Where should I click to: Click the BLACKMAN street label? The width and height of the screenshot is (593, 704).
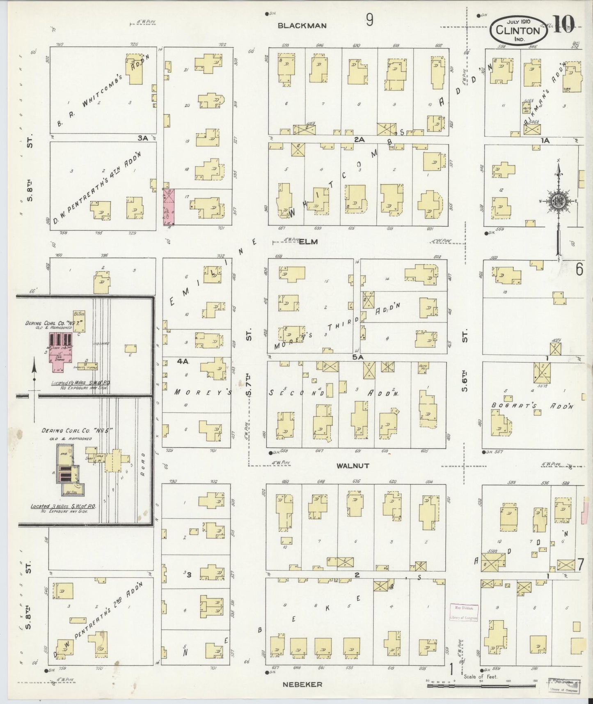click(x=302, y=25)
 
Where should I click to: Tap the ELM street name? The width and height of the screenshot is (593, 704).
click(x=308, y=242)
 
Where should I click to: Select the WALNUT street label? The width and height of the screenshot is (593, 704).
click(x=353, y=466)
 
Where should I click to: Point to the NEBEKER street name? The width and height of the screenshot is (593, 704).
click(x=302, y=684)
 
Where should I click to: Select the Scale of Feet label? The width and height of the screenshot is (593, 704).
click(x=480, y=676)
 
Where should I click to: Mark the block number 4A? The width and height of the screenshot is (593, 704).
click(x=182, y=361)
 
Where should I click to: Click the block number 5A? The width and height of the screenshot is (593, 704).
click(x=357, y=358)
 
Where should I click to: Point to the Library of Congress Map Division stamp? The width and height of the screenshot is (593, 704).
click(x=464, y=613)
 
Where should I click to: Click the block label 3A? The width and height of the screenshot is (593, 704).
click(x=142, y=138)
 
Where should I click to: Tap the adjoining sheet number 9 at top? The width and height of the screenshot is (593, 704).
click(x=369, y=20)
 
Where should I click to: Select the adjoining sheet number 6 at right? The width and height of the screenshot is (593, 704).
click(x=579, y=269)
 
